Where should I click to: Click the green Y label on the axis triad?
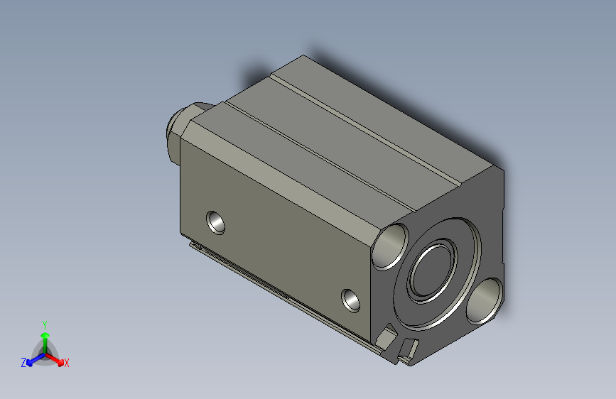pos(44,323)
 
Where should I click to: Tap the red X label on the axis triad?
pos(66,363)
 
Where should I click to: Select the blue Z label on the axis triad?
pos(23,362)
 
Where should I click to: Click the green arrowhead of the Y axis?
pos(45,334)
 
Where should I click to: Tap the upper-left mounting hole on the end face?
pos(391,245)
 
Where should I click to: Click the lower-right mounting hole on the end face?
pos(485,299)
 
